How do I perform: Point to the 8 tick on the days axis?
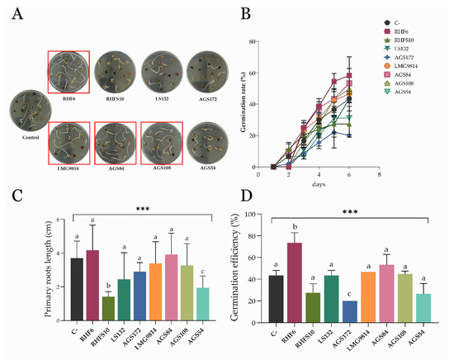(x=378, y=175)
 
